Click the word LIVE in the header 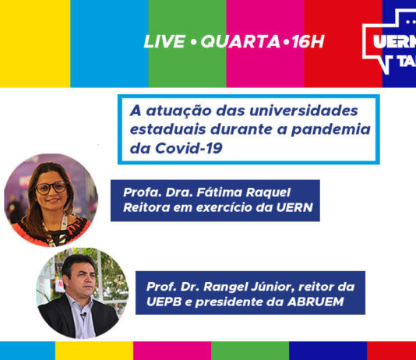pyautogui.click(x=164, y=41)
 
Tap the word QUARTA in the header pyautogui.click(x=241, y=41)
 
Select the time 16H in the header pyautogui.click(x=308, y=41)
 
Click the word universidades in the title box pyautogui.click(x=304, y=111)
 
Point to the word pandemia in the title pyautogui.click(x=330, y=129)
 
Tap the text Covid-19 pyautogui.click(x=189, y=148)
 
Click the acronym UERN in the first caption pyautogui.click(x=294, y=207)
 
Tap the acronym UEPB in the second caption pyautogui.click(x=164, y=302)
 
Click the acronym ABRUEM pyautogui.click(x=316, y=302)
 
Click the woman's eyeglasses pyautogui.click(x=51, y=188)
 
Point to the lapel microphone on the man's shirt pyautogui.click(x=84, y=315)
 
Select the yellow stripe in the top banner pyautogui.click(x=35, y=44)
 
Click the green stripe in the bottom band pyautogui.click(x=250, y=351)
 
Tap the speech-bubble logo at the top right pyautogui.click(x=390, y=41)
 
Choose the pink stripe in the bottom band pyautogui.click(x=172, y=351)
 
